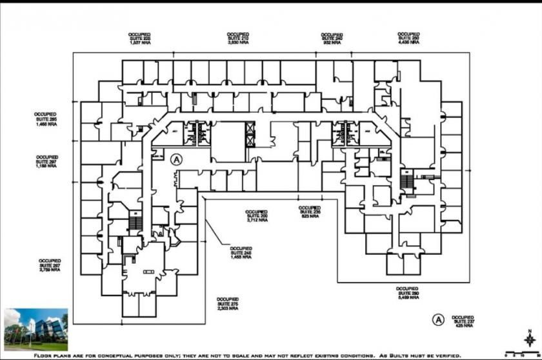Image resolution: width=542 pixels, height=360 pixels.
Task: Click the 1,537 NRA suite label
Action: (x=139, y=37)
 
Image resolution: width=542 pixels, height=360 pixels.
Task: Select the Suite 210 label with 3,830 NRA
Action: (x=237, y=37)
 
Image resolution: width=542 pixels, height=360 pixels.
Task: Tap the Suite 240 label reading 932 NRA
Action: (x=332, y=37)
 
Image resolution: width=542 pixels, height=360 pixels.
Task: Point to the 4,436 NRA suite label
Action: (x=408, y=37)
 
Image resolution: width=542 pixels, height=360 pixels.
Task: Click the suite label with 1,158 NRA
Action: (x=47, y=161)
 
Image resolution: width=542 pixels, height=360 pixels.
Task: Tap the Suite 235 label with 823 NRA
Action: (x=310, y=212)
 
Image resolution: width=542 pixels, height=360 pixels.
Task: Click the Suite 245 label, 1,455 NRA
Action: (x=241, y=252)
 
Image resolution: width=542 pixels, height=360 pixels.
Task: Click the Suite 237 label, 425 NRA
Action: (x=463, y=321)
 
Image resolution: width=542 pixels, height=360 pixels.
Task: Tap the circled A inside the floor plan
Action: (x=177, y=158)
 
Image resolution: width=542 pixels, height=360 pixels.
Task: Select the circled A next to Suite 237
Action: (x=438, y=319)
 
